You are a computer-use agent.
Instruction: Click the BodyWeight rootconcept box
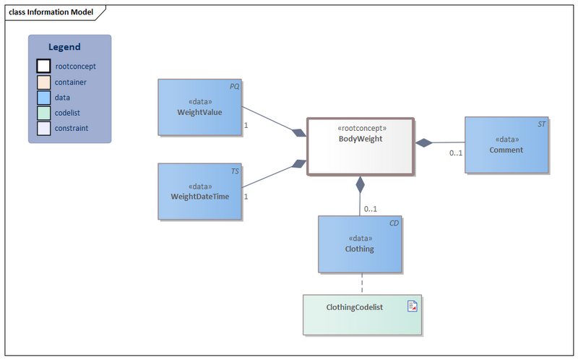pos(360,146)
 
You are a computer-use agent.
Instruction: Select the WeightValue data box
pos(199,107)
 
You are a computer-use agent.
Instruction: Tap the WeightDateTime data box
pos(199,191)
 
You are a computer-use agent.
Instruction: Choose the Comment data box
pos(506,145)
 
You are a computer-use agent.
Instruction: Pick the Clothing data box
pos(360,244)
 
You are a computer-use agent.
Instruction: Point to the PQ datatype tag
pos(234,86)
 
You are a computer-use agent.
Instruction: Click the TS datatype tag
pos(235,171)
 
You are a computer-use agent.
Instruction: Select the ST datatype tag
pos(541,124)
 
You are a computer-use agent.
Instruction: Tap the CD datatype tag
pos(394,223)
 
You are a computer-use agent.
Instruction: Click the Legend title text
pos(69,47)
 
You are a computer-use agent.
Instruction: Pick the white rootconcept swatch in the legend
pos(43,67)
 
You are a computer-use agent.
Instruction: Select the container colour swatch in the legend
pos(43,82)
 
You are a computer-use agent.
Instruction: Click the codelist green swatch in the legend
pos(43,113)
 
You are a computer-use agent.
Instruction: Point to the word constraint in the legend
pos(72,128)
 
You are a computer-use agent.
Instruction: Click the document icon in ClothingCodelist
pos(413,307)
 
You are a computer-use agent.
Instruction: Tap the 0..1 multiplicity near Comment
pos(456,153)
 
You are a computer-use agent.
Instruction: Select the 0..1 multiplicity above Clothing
pos(370,209)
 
